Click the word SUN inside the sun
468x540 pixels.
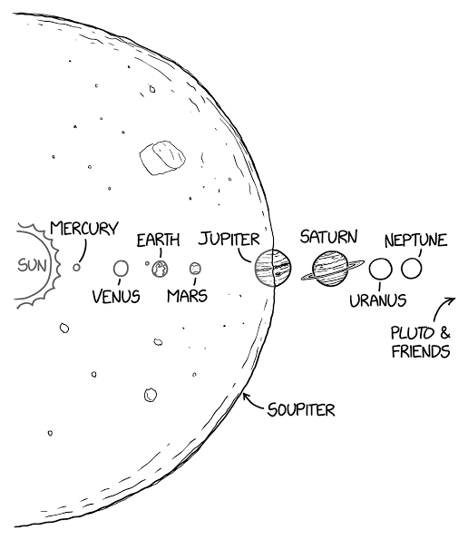32,265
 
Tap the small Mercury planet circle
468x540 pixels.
76,267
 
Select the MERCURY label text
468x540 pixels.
84,228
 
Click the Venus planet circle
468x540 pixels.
121,269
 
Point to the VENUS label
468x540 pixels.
116,296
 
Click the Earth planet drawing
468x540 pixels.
160,269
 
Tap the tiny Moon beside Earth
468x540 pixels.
147,263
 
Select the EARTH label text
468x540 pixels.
159,240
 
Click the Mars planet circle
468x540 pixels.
195,269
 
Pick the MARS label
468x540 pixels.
187,296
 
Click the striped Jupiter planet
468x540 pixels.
273,268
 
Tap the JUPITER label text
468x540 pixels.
229,239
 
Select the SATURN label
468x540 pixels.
328,237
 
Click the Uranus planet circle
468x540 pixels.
380,269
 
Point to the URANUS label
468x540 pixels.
378,300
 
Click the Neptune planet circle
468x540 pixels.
411,268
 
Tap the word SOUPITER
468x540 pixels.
301,409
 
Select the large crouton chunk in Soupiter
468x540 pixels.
162,157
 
